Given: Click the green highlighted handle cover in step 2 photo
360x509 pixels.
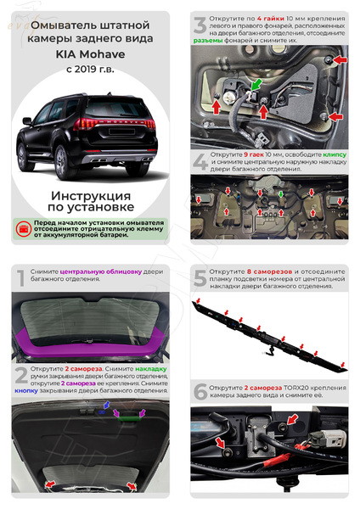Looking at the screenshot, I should tap(130, 417).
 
